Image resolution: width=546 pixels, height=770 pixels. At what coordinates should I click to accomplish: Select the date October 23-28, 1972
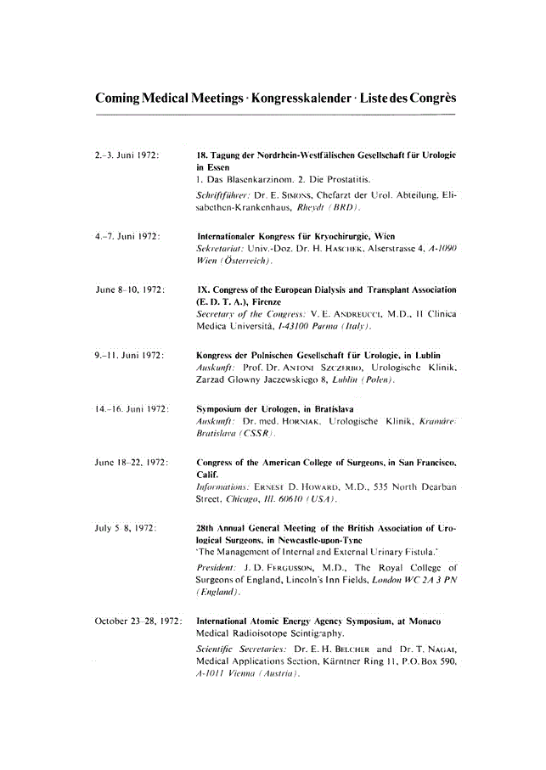coord(138,623)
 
